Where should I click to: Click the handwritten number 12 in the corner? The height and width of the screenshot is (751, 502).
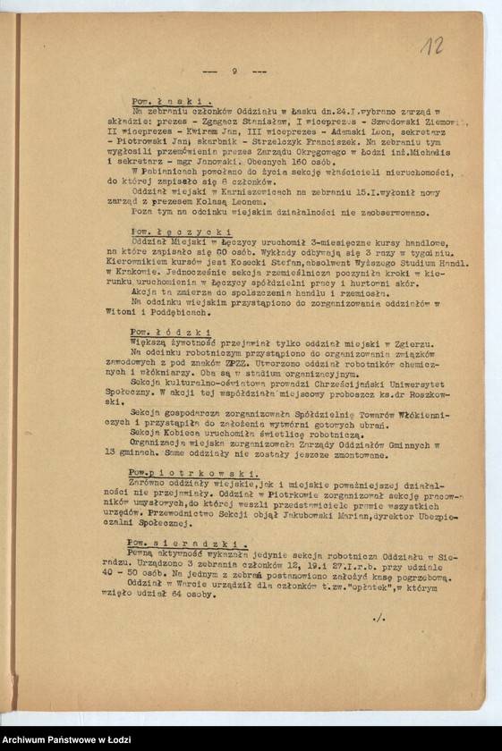[x=433, y=46]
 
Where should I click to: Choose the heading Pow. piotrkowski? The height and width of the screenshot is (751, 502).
[x=175, y=471]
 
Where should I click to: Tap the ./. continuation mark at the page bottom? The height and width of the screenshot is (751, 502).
[x=378, y=616]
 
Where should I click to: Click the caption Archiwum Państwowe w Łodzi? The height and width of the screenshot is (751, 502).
[x=67, y=740]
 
